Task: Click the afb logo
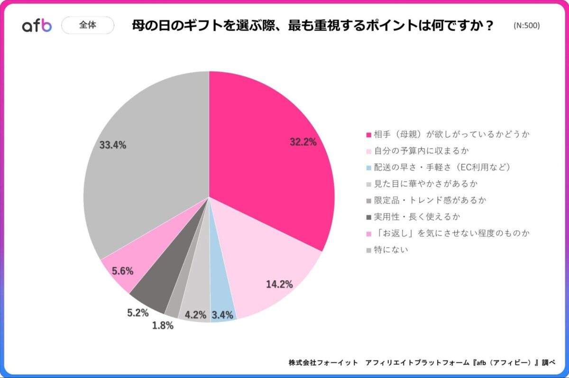point(37,26)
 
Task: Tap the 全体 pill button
point(88,25)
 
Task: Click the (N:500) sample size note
point(526,26)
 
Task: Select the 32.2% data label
point(303,141)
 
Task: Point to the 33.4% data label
point(113,145)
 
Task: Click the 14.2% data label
point(279,285)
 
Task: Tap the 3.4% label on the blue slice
point(223,314)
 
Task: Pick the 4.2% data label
point(195,314)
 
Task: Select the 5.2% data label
point(137,313)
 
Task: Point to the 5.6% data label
point(122,271)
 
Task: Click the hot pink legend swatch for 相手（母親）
point(368,135)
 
